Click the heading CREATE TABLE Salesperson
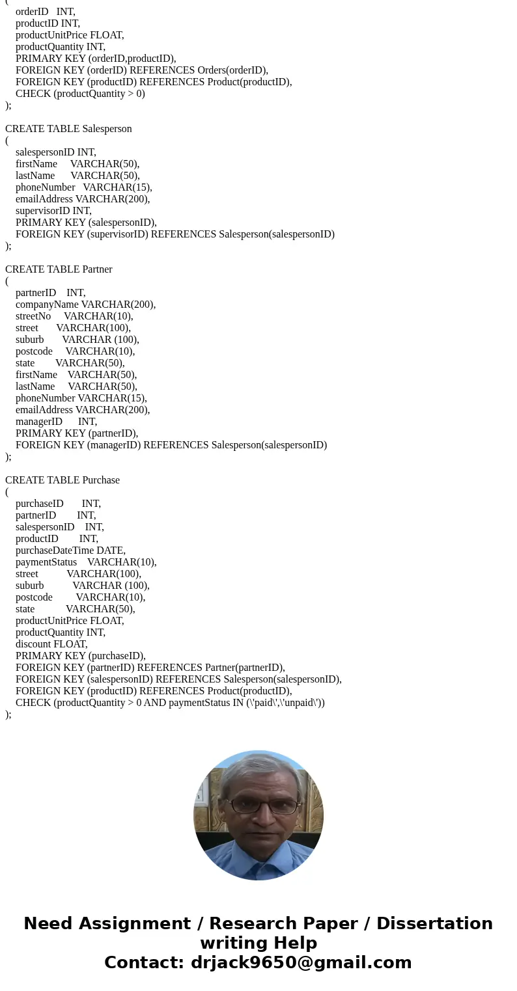pyautogui.click(x=68, y=129)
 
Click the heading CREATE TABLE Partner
pyautogui.click(x=59, y=269)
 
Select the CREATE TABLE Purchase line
pyautogui.click(x=63, y=480)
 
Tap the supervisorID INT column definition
pyautogui.click(x=53, y=211)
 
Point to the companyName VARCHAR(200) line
pyautogui.click(x=85, y=305)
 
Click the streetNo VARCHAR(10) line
pyautogui.click(x=74, y=316)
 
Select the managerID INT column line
pyautogui.click(x=56, y=422)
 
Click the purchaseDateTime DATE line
pyautogui.click(x=70, y=550)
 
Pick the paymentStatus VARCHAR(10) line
pyautogui.click(x=86, y=562)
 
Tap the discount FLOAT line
pyautogui.click(x=51, y=644)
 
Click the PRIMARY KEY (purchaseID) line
pyautogui.click(x=81, y=656)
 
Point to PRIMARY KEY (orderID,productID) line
pyautogui.click(x=96, y=59)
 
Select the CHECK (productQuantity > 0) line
pyautogui.click(x=80, y=94)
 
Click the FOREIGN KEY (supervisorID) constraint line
pyautogui.click(x=175, y=234)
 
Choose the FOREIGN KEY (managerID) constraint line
pyautogui.click(x=171, y=445)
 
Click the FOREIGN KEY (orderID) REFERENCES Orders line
pyautogui.click(x=142, y=70)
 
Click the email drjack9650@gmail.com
pyautogui.click(x=301, y=962)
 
